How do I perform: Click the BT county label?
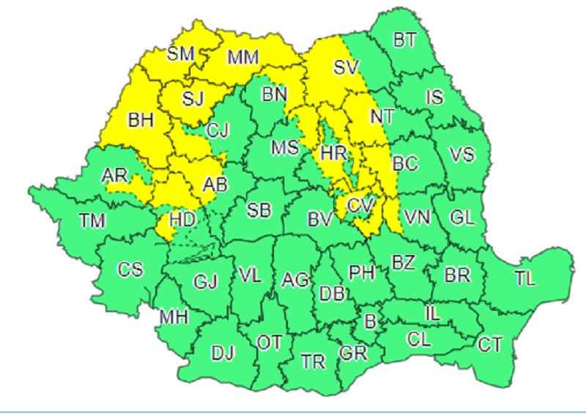(404, 40)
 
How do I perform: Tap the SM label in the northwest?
(181, 53)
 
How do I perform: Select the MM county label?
(243, 56)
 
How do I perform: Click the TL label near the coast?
(524, 278)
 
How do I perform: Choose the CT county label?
(490, 343)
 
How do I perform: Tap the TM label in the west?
(92, 220)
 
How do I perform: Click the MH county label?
(174, 317)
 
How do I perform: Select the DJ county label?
(222, 353)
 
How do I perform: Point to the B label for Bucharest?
(370, 321)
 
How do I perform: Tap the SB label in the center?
(258, 211)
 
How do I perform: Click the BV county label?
(320, 218)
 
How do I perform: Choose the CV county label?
(360, 206)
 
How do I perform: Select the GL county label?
(462, 217)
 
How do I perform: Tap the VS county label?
(461, 155)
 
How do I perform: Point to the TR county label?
(314, 361)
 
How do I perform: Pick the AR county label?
(115, 175)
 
